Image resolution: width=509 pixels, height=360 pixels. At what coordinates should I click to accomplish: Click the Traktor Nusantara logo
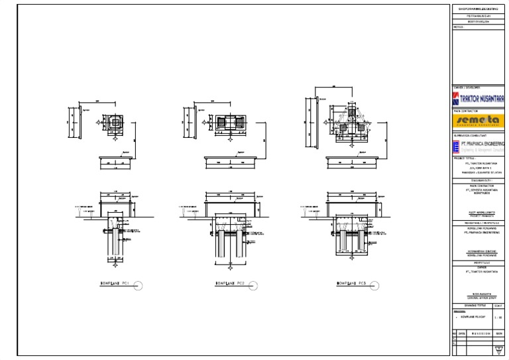click(479, 99)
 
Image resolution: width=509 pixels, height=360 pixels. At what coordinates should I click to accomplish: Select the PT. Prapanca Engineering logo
click(479, 148)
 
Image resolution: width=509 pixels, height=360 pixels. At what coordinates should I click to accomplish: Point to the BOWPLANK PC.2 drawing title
click(230, 285)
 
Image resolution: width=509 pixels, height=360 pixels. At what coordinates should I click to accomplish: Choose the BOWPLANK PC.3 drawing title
click(351, 285)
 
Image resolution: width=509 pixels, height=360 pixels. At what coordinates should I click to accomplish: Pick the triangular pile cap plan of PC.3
click(352, 119)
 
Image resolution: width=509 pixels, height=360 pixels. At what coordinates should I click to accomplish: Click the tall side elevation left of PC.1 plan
click(71, 124)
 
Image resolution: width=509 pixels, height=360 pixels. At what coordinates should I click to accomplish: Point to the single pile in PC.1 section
click(111, 245)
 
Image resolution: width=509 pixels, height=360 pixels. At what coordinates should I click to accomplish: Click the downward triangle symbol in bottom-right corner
click(498, 350)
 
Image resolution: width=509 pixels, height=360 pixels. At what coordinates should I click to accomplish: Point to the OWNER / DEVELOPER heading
click(467, 88)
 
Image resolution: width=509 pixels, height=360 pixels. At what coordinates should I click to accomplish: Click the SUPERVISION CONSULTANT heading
click(470, 136)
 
